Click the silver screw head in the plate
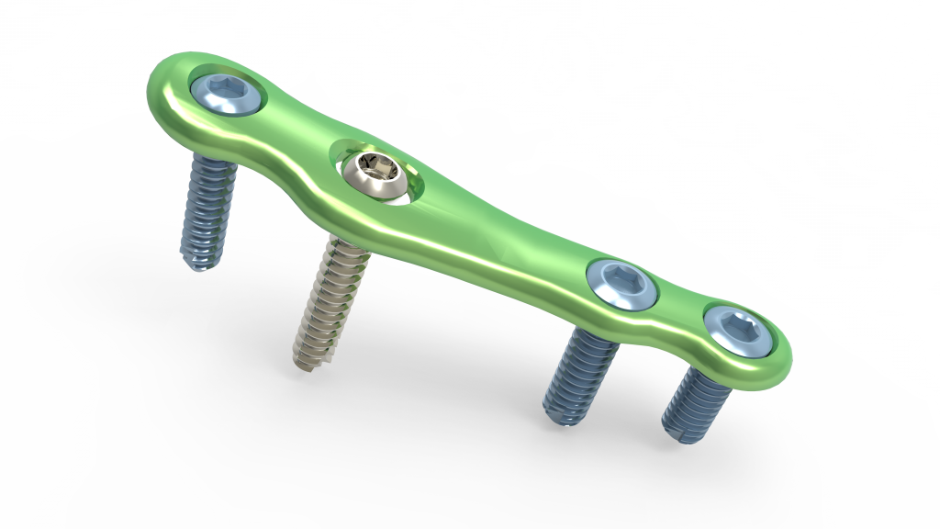point(375,174)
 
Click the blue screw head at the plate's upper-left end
point(226,94)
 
